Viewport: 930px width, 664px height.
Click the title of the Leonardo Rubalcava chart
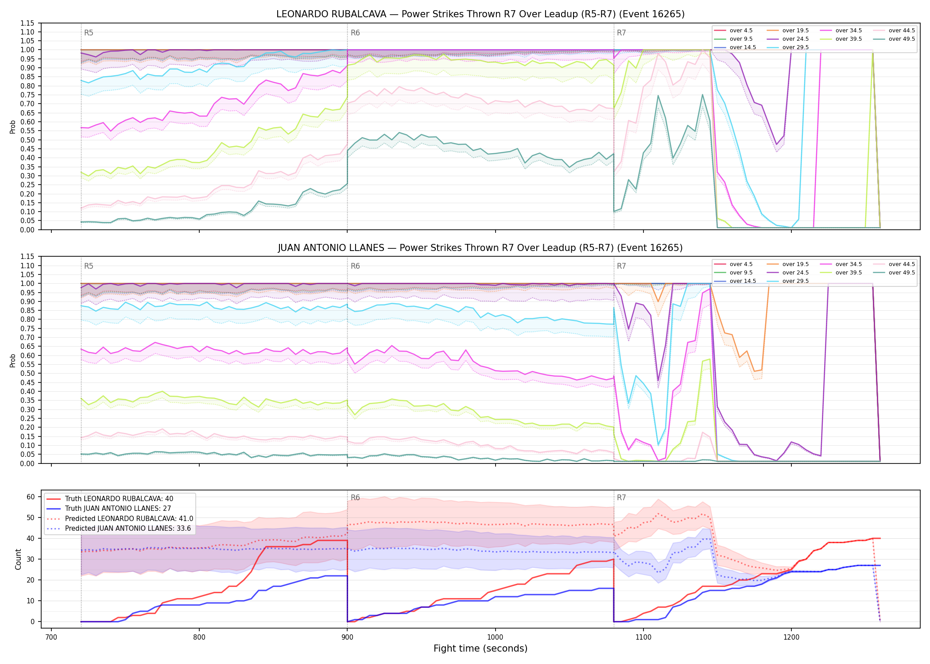pyautogui.click(x=480, y=14)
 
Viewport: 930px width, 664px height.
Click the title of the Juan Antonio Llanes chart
pyautogui.click(x=480, y=248)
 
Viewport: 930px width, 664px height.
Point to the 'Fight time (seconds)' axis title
pyautogui.click(x=480, y=649)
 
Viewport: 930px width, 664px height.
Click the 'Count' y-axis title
pyautogui.click(x=18, y=559)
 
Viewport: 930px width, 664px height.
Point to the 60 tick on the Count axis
pyautogui.click(x=31, y=497)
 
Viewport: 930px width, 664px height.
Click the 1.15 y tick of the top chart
pyautogui.click(x=27, y=23)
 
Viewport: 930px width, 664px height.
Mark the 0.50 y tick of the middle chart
pyautogui.click(x=27, y=373)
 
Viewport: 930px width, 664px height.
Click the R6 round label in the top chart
pyautogui.click(x=355, y=33)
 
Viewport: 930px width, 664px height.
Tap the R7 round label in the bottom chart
pyautogui.click(x=621, y=498)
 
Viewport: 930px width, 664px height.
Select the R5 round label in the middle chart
pyautogui.click(x=89, y=266)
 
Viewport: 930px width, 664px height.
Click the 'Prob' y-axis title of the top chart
pyautogui.click(x=12, y=127)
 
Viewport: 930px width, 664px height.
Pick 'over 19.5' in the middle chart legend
pyautogui.click(x=795, y=264)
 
